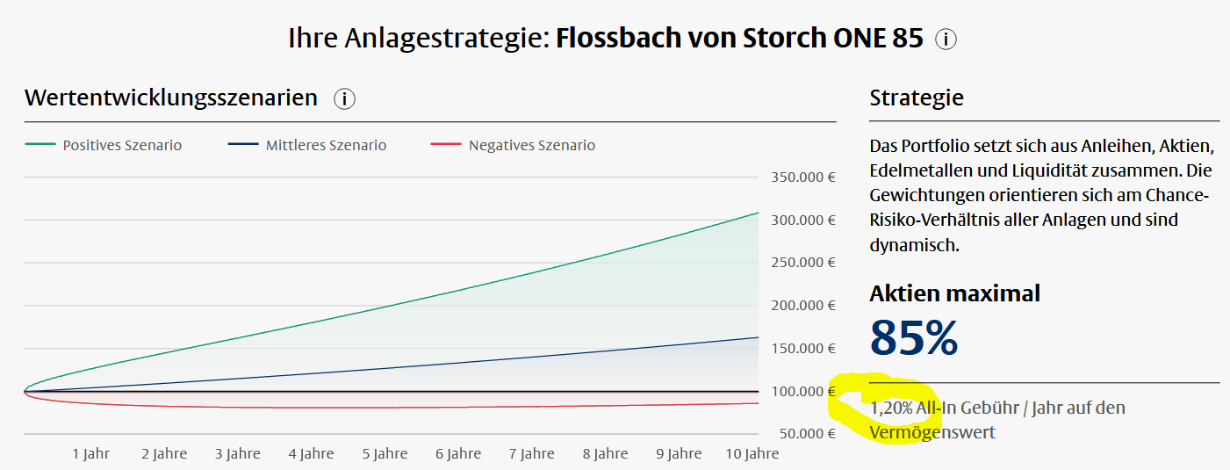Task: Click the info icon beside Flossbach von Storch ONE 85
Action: (x=946, y=40)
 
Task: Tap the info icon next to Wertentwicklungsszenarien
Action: (x=344, y=99)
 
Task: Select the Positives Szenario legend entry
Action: (x=122, y=145)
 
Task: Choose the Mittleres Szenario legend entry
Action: (x=326, y=145)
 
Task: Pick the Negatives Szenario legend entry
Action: (x=531, y=145)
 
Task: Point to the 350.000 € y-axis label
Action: (x=802, y=177)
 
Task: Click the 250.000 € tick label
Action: (x=802, y=263)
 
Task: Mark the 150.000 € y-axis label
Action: (x=802, y=349)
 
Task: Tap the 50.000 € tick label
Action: (x=806, y=434)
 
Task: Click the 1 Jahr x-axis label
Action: (x=91, y=454)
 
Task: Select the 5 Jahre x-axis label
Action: (x=385, y=454)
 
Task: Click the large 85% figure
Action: (x=913, y=338)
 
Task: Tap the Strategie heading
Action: (x=917, y=98)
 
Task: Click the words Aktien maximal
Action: (x=954, y=293)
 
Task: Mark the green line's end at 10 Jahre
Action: (x=758, y=213)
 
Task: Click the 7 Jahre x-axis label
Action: (x=531, y=454)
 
